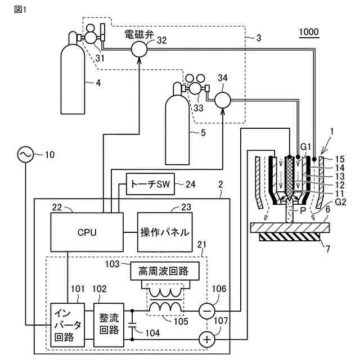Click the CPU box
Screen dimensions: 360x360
[87, 232]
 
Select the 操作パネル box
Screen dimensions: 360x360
[165, 232]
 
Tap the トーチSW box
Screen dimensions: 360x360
[150, 184]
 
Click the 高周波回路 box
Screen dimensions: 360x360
[165, 271]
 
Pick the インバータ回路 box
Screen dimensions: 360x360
[67, 325]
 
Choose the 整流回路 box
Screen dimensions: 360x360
[109, 325]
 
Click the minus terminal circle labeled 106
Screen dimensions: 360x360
[207, 311]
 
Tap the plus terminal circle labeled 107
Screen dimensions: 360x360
[207, 339]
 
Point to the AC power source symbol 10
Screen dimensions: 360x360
[25, 154]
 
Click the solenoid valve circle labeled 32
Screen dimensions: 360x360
[139, 49]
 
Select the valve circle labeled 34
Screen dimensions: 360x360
[223, 100]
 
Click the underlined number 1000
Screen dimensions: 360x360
[309, 32]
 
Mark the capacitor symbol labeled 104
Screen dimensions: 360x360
[132, 325]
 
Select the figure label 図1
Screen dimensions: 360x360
[20, 10]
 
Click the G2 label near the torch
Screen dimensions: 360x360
[340, 202]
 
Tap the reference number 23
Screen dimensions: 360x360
[186, 207]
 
